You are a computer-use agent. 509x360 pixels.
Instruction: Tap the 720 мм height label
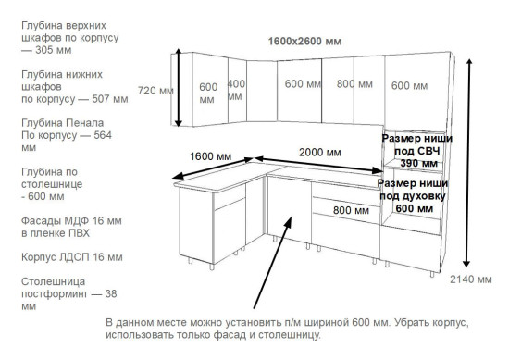pyautogui.click(x=155, y=91)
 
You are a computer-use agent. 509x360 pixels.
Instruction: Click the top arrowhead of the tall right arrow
pyautogui.click(x=473, y=63)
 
